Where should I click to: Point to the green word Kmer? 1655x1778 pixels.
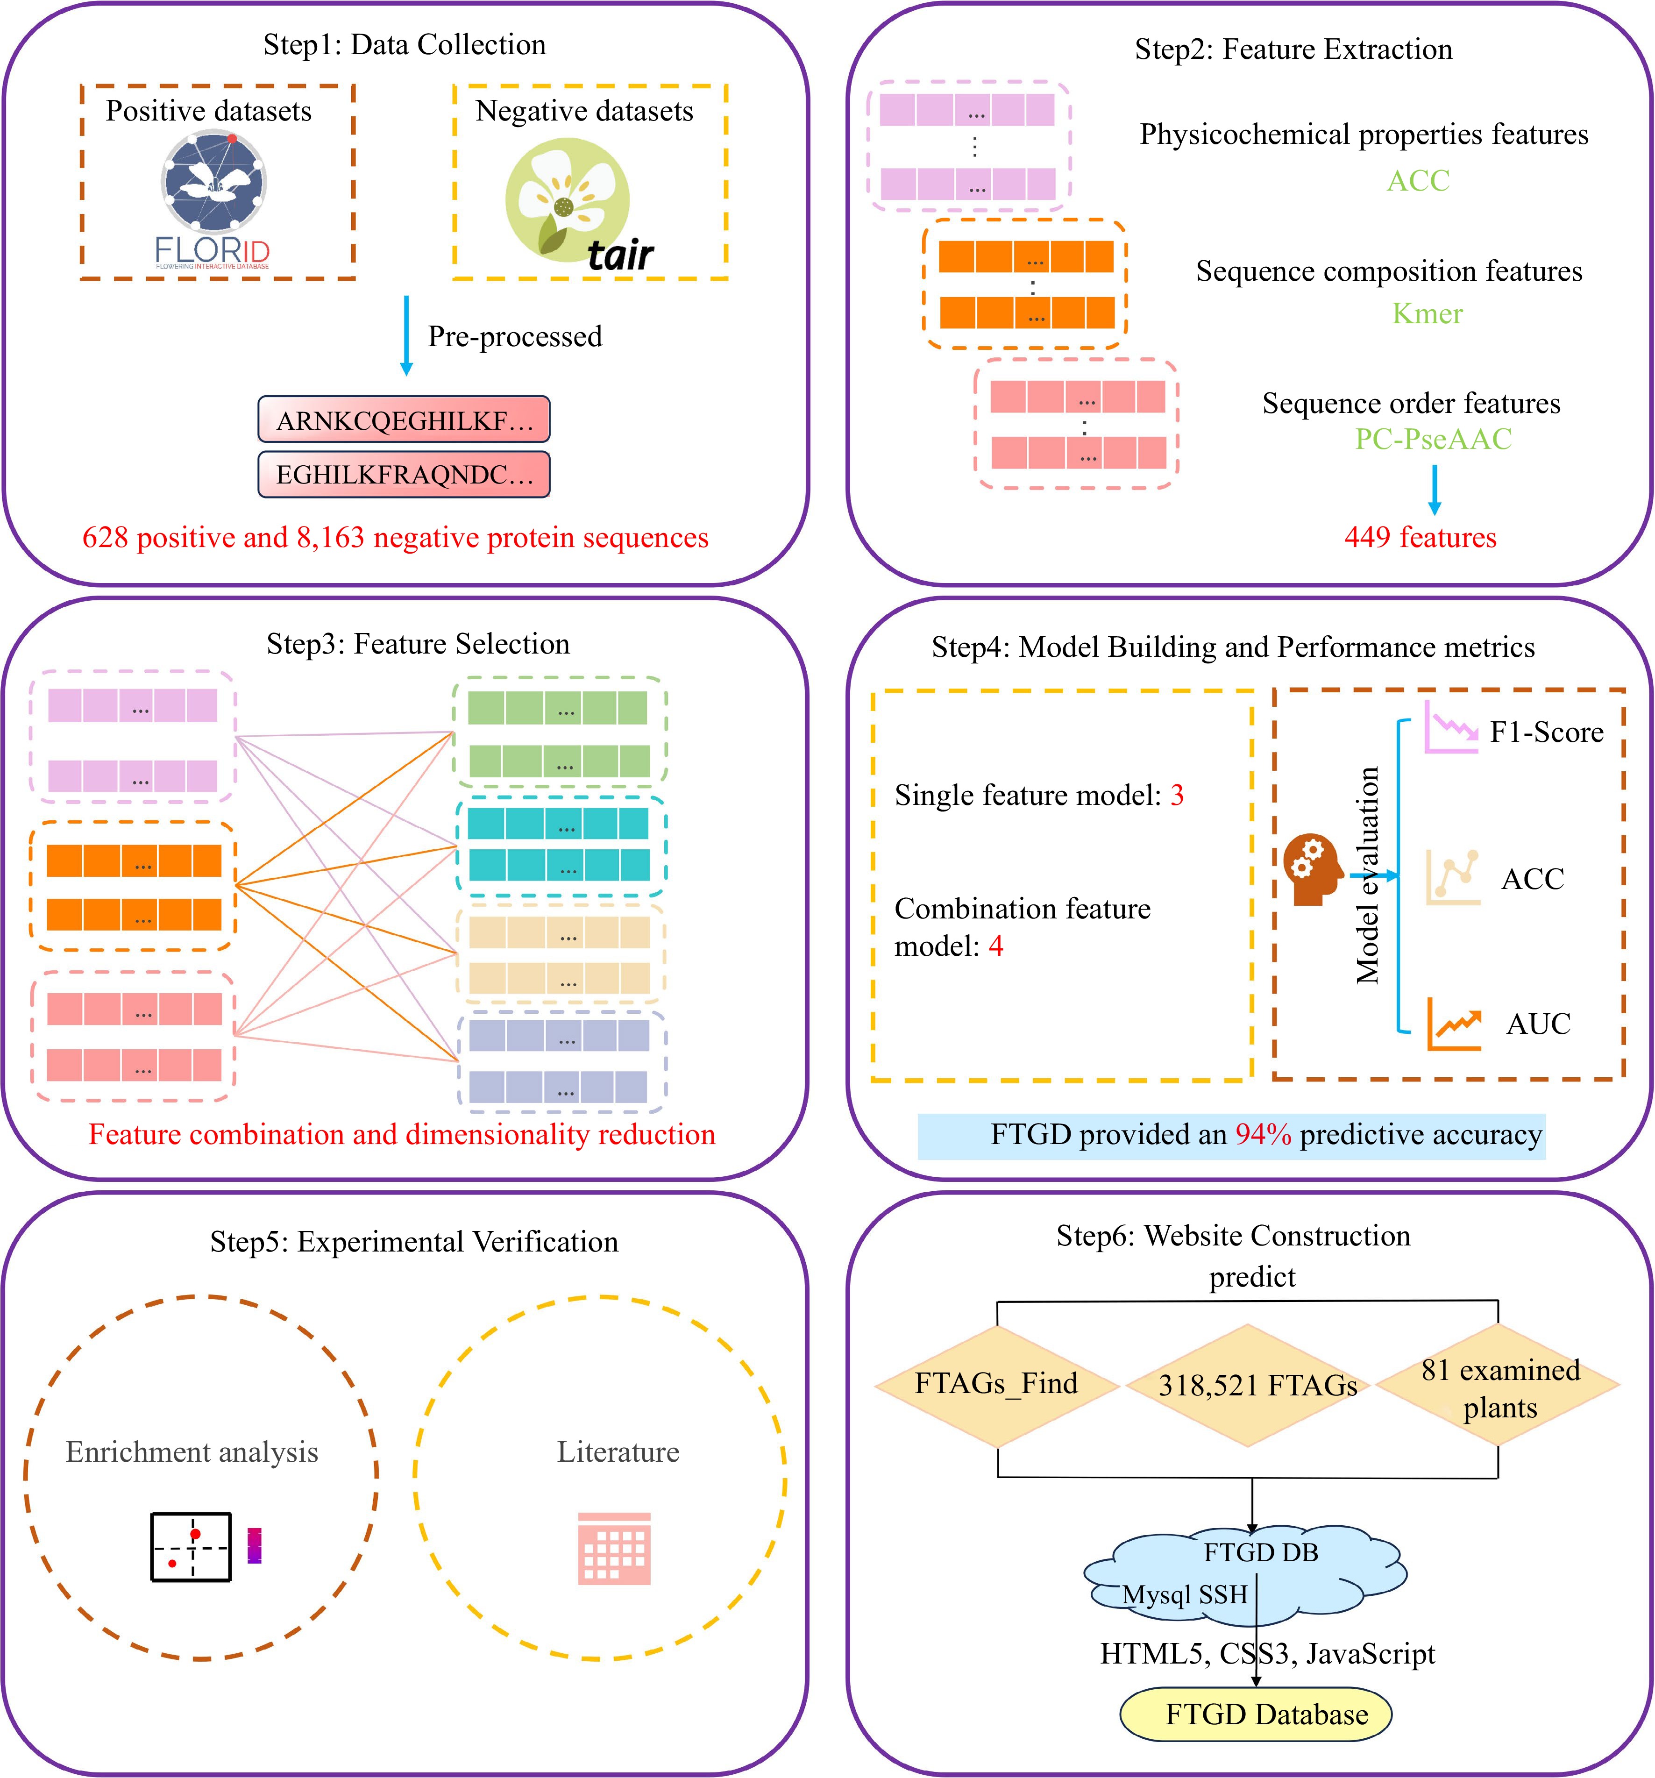(1427, 314)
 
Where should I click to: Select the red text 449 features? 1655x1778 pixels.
(1420, 538)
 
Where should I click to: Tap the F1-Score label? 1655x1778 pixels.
(1546, 733)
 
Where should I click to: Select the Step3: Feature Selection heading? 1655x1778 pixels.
(418, 644)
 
